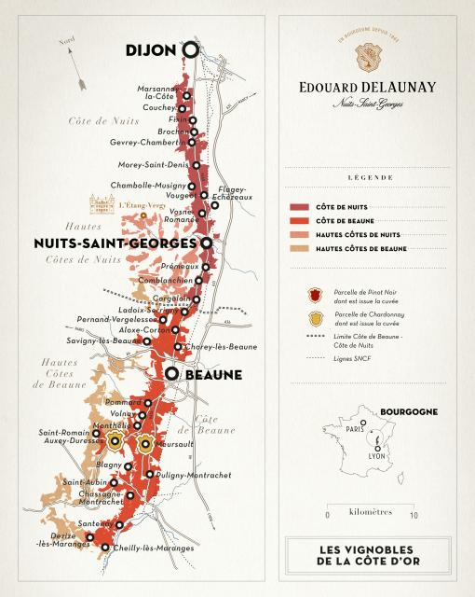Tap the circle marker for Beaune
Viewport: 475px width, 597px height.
coord(172,374)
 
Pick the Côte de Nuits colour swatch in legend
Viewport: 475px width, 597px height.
coord(301,206)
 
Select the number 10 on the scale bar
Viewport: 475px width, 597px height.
coord(414,515)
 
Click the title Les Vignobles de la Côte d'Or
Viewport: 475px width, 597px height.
coord(361,557)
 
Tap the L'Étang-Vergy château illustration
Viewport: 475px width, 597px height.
coord(101,203)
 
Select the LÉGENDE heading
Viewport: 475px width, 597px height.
coord(361,176)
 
